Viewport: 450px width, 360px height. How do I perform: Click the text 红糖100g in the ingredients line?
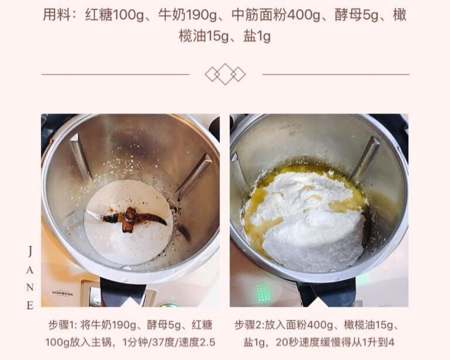114,15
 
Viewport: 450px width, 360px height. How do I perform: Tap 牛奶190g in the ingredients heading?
187,15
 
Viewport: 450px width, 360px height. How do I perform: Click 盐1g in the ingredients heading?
257,37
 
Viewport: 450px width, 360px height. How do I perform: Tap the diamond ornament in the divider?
225,74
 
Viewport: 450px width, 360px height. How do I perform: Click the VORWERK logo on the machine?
62,293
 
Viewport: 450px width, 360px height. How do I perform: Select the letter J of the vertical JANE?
30,252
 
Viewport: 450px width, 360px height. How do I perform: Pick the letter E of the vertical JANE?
30,305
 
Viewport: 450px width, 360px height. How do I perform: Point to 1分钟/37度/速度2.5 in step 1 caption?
169,342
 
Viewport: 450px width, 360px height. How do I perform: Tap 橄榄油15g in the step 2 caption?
368,325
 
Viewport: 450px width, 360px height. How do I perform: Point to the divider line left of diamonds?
115,74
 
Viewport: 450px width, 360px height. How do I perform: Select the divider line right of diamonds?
336,74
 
